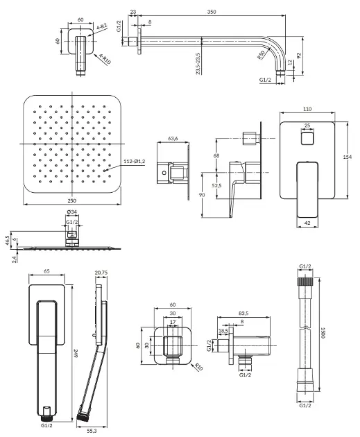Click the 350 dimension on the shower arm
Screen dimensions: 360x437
pyautogui.click(x=212, y=12)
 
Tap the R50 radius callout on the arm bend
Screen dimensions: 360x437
pyautogui.click(x=261, y=55)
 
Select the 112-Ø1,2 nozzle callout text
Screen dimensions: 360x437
pyautogui.click(x=135, y=161)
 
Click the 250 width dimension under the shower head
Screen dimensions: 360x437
pyautogui.click(x=72, y=200)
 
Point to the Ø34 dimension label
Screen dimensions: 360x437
pyautogui.click(x=72, y=212)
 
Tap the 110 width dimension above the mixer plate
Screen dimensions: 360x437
pyautogui.click(x=307, y=110)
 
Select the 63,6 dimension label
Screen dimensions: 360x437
pyautogui.click(x=173, y=139)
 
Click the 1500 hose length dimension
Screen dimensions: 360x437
pyautogui.click(x=323, y=333)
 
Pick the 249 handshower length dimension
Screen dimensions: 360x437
pyautogui.click(x=76, y=354)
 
